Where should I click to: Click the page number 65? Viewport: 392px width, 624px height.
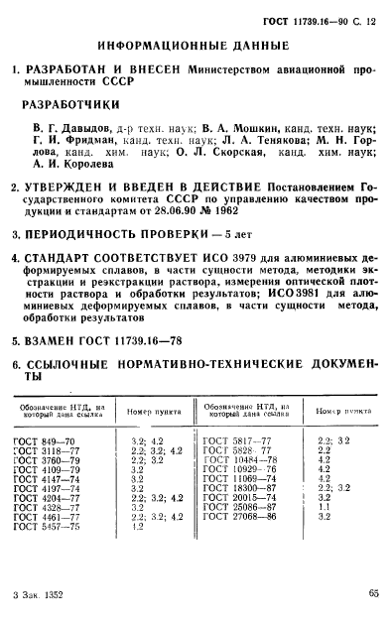coord(371,594)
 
